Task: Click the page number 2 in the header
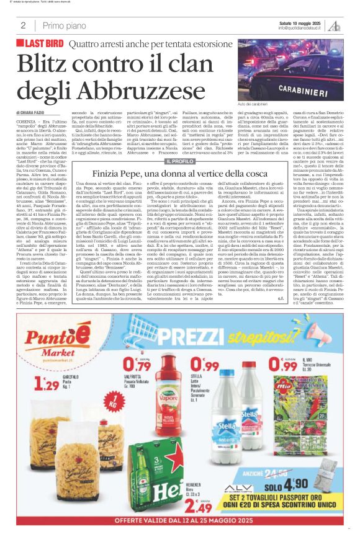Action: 23,25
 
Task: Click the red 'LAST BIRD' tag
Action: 44,44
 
